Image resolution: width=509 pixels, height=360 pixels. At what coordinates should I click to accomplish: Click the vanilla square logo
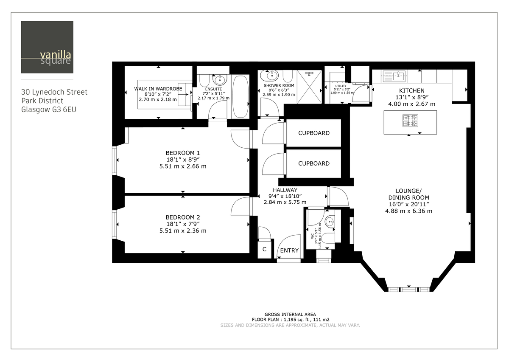click(x=47, y=47)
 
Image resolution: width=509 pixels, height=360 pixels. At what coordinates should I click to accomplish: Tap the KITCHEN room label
click(x=411, y=90)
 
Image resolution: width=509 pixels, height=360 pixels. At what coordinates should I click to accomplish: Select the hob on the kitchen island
click(x=410, y=121)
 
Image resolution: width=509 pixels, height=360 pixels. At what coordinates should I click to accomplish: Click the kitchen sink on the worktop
click(x=395, y=76)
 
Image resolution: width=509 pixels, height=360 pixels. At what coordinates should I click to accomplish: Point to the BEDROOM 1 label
click(x=182, y=153)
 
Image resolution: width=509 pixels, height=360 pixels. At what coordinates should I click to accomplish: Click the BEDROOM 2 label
click(x=182, y=217)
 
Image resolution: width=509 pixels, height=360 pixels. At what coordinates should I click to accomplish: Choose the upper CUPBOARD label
click(x=313, y=133)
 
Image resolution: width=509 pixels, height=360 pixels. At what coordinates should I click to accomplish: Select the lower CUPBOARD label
click(x=313, y=163)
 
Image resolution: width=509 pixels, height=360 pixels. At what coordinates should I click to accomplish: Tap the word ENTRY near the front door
click(x=289, y=250)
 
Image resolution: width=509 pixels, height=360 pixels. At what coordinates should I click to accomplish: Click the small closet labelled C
click(x=264, y=250)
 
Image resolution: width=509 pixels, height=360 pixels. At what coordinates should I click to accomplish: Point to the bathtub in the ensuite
click(x=241, y=96)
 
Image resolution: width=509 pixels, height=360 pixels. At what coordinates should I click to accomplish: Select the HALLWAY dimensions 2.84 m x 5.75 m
click(x=285, y=202)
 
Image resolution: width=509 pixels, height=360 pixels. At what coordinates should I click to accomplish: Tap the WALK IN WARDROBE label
click(x=158, y=88)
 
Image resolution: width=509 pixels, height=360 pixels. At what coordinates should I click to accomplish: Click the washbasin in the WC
click(x=330, y=221)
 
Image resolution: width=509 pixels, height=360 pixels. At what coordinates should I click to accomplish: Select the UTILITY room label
click(x=341, y=86)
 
